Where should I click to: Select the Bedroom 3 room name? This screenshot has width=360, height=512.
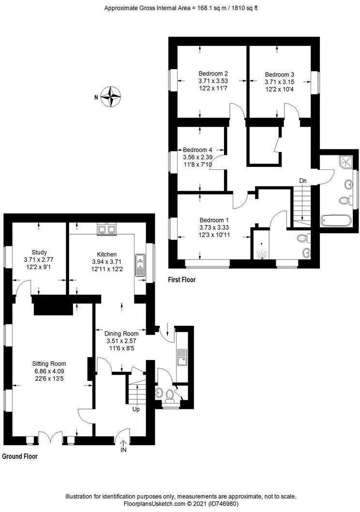279,75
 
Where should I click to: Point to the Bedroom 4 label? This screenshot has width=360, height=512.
197,150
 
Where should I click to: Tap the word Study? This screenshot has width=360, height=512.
39,252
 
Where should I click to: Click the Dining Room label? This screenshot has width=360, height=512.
122,333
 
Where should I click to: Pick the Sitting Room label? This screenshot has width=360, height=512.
49,363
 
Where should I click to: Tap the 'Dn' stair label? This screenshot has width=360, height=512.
303,181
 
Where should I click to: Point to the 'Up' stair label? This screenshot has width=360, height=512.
136,409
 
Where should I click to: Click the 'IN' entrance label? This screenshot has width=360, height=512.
123,450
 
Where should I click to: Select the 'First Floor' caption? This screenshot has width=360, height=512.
182,280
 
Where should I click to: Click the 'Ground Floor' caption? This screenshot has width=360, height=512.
20,456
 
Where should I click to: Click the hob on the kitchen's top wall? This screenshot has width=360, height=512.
106,228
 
